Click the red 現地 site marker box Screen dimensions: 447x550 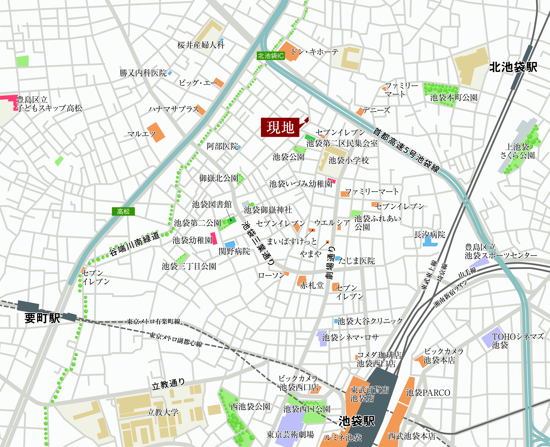point(280,127)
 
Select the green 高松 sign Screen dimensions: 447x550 point(123,211)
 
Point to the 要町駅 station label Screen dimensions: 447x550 point(42,318)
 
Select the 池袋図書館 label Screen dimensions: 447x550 point(212,204)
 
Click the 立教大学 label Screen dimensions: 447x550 point(163,412)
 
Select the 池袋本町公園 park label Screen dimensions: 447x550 point(454,98)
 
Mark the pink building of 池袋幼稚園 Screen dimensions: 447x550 point(214,238)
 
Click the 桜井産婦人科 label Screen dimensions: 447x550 point(201,45)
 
